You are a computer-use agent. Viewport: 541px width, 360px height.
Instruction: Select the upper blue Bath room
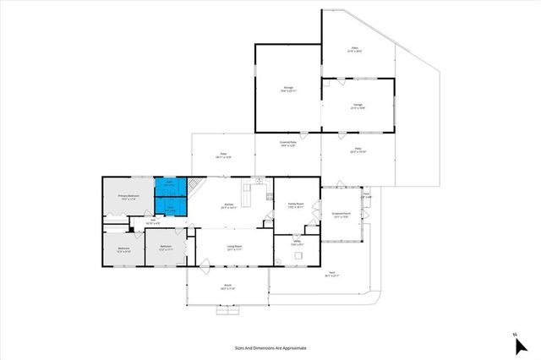pos(169,184)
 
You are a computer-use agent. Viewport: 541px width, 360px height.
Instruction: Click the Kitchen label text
pos(228,205)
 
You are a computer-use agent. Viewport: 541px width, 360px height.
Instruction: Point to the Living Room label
pos(234,248)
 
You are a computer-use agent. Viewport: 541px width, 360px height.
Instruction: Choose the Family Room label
pos(296,205)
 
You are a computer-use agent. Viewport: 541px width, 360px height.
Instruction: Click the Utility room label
pos(298,244)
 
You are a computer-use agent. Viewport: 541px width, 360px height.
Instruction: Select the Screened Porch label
pos(341,215)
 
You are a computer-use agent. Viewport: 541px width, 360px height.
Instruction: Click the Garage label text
pos(357,106)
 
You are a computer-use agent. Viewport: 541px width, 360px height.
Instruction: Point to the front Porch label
pos(228,286)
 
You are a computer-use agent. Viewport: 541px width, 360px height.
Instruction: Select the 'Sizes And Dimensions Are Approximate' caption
pos(270,347)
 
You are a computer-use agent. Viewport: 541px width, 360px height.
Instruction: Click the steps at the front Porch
pos(227,310)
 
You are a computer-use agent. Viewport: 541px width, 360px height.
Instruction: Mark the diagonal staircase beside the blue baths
pos(194,187)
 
